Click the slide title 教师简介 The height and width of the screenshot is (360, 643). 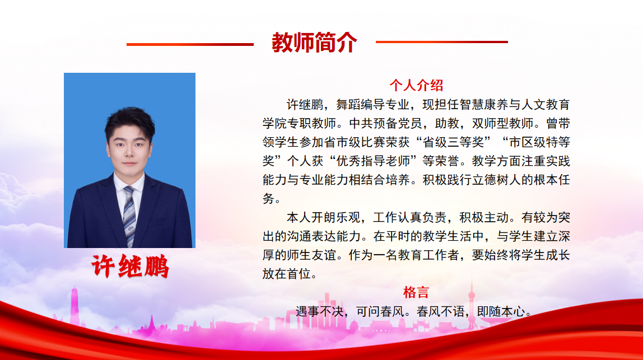pyautogui.click(x=314, y=43)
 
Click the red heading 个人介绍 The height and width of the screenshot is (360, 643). pyautogui.click(x=416, y=85)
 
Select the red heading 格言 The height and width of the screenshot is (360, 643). pyautogui.click(x=416, y=292)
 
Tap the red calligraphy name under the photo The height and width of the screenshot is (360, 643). pyautogui.click(x=130, y=266)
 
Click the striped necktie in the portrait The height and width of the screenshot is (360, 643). pyautogui.click(x=129, y=216)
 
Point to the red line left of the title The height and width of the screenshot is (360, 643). pyautogui.click(x=190, y=44)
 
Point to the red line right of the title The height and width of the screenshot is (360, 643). pyautogui.click(x=442, y=42)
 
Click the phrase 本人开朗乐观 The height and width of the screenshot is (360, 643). pyautogui.click(x=323, y=217)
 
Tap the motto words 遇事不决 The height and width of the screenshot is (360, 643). pyautogui.click(x=319, y=312)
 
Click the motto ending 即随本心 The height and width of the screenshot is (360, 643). pyautogui.click(x=501, y=312)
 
